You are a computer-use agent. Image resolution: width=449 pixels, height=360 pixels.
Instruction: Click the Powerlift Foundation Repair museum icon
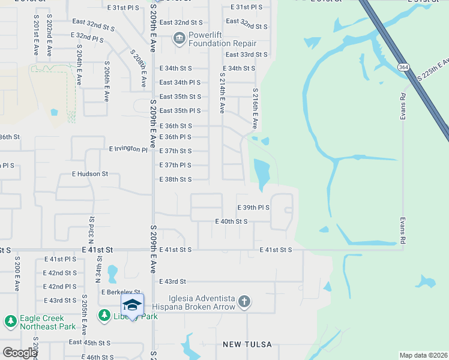click(179, 39)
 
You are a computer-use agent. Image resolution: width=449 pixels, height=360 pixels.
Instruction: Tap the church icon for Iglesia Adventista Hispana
click(244, 301)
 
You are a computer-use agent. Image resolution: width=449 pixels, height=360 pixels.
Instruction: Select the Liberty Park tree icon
click(104, 315)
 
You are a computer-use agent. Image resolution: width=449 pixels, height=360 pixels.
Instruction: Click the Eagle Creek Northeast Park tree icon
click(10, 322)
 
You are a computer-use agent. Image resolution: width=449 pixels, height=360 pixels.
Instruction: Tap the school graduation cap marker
click(132, 304)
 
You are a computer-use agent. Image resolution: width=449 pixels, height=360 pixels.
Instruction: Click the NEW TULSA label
click(247, 344)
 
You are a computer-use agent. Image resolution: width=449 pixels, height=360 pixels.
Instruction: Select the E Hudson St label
click(90, 174)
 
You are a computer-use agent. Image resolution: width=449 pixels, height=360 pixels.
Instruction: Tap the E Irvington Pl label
click(128, 148)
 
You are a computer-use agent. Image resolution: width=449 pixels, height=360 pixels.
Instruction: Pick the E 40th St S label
click(232, 221)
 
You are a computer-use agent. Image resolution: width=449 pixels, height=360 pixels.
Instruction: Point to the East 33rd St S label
click(246, 55)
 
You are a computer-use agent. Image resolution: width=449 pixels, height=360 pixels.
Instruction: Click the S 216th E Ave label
click(255, 107)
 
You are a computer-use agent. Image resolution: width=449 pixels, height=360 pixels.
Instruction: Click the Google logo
click(20, 353)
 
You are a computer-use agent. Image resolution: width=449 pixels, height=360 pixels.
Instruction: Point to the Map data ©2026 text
click(423, 355)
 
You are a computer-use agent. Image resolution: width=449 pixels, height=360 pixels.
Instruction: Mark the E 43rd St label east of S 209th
click(173, 281)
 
